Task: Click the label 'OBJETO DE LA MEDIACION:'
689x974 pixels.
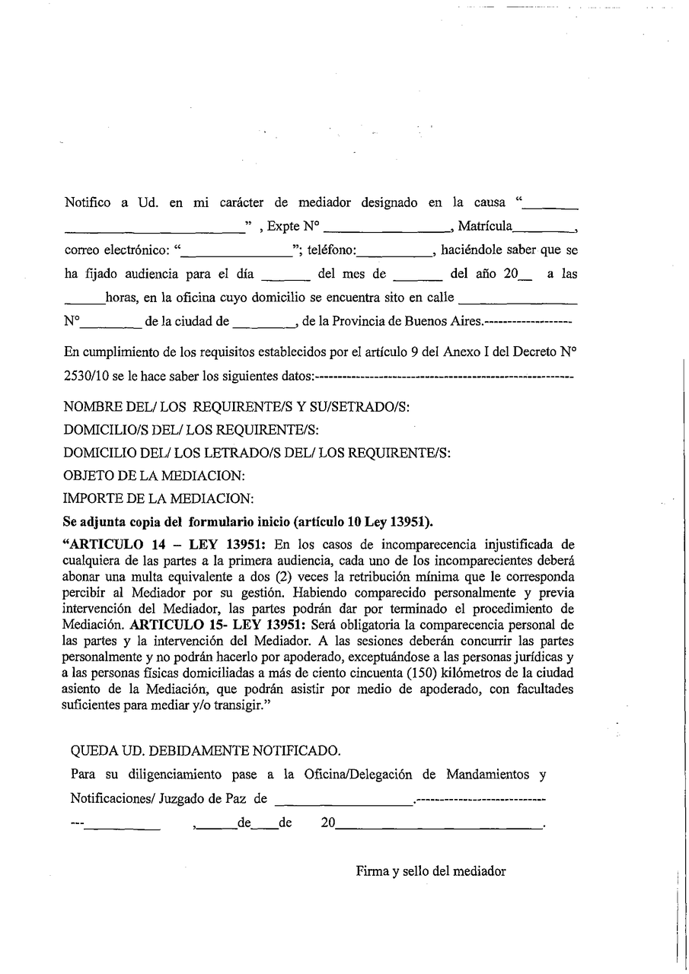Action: [155, 476]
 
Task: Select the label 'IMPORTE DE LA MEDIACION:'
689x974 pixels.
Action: [158, 499]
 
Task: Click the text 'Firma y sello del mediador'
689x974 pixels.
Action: [431, 872]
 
